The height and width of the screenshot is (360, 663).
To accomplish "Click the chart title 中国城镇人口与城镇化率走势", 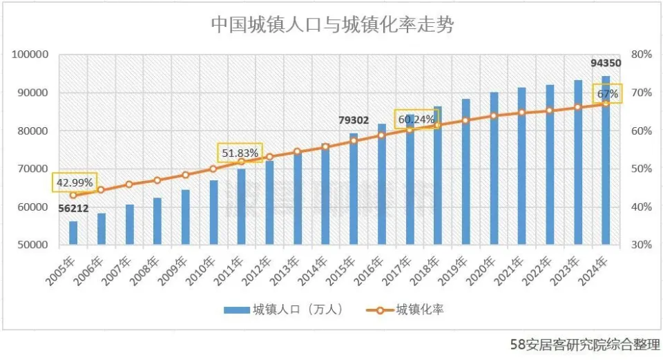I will tap(332, 25).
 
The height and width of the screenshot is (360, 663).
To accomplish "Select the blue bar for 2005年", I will tap(73, 233).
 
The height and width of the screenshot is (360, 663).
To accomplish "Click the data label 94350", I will tap(606, 63).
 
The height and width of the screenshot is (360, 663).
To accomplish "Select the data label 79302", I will tap(354, 120).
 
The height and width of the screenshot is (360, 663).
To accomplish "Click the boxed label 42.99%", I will tap(74, 182).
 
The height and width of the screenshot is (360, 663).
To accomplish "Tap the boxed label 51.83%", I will tap(240, 153).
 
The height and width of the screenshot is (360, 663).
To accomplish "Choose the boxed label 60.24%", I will tap(416, 120).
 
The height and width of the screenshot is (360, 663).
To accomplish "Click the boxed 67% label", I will tap(607, 93).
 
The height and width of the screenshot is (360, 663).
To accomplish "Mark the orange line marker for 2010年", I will tap(213, 169).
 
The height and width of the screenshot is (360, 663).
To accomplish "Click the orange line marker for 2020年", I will tap(494, 115).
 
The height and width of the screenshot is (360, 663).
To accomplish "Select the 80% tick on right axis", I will tap(642, 55).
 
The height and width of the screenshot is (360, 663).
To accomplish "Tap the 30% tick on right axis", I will tap(642, 245).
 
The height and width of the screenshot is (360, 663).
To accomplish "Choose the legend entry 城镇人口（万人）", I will tap(284, 309).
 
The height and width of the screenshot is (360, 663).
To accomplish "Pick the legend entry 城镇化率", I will tap(409, 309).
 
